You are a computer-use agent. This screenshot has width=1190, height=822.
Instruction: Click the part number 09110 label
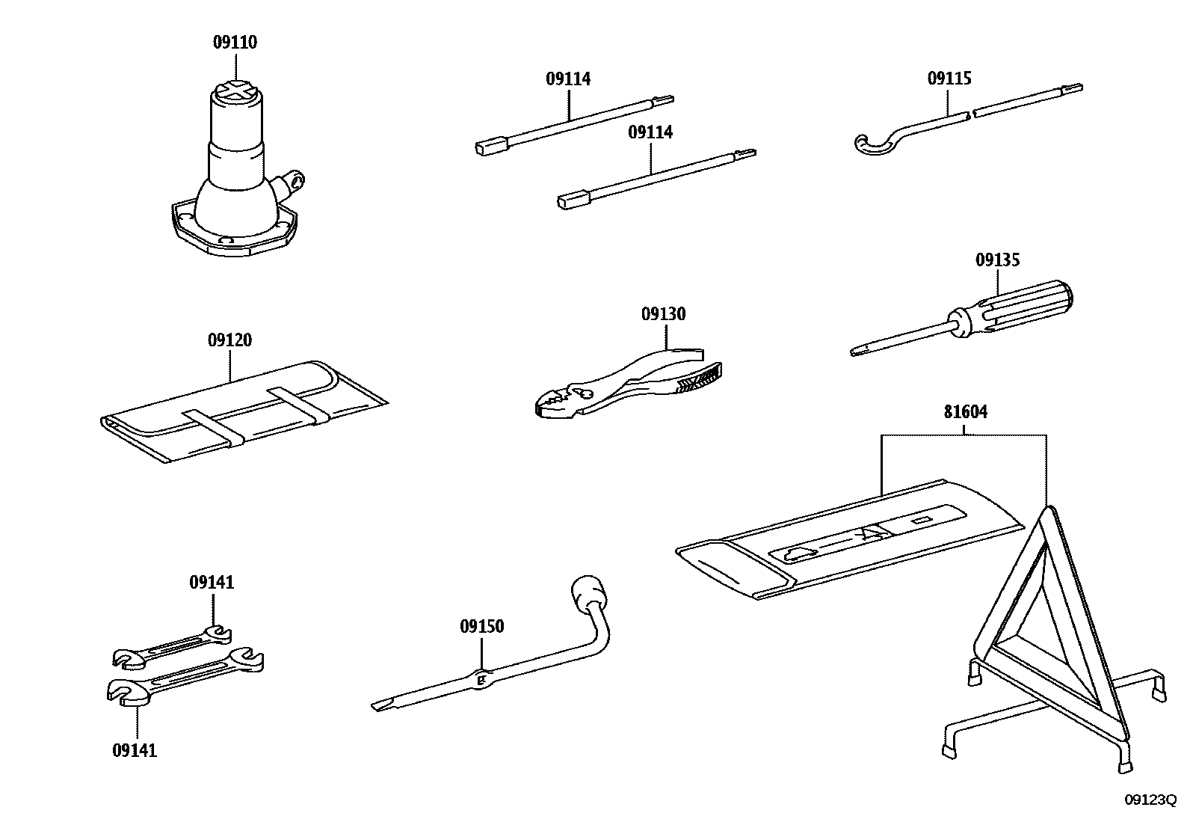click(x=235, y=43)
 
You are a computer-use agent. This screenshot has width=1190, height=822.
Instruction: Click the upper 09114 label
click(x=568, y=79)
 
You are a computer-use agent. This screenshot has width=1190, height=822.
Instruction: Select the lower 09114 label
click(x=650, y=132)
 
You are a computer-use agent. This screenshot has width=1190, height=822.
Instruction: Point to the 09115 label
click(x=949, y=79)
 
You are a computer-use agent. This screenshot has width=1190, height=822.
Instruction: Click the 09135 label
click(x=997, y=260)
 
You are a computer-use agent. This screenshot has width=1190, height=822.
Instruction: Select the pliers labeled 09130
click(x=628, y=385)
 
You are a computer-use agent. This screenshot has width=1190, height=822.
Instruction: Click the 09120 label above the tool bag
click(x=229, y=340)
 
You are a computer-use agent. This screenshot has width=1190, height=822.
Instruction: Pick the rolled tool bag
click(x=239, y=411)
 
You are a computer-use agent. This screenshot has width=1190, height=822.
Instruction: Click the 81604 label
click(x=965, y=411)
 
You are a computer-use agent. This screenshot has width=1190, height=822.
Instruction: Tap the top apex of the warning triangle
click(x=1047, y=509)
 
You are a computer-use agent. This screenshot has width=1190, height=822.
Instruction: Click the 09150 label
click(x=481, y=627)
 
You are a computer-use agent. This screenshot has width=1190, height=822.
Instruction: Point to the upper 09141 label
click(x=212, y=582)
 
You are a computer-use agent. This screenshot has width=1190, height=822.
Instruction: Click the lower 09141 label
click(x=135, y=750)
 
